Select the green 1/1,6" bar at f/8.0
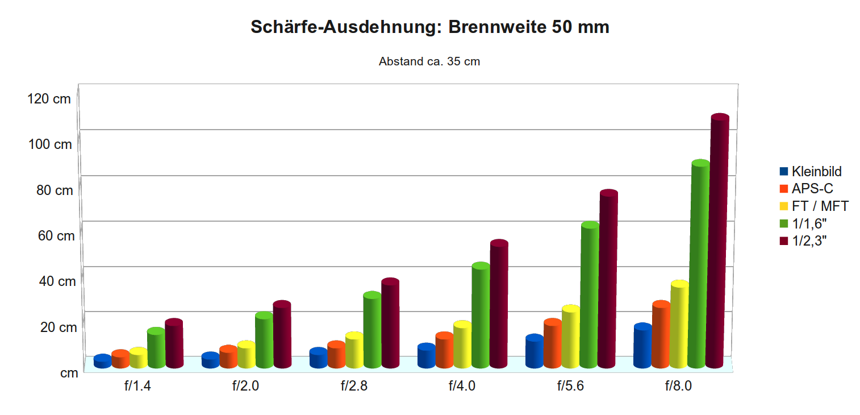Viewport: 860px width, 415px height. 700,264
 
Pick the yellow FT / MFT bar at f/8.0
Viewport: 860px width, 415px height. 679,324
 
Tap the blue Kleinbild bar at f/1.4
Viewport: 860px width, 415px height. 102,362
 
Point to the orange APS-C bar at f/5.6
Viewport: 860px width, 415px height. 553,343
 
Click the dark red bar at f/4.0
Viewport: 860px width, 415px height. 499,304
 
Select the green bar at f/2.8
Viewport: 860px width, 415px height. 371,330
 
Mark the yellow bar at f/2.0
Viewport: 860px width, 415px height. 246,355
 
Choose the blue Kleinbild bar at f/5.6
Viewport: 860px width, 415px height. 535,351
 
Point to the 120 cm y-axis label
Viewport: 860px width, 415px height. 49,99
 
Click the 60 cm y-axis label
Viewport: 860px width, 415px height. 56,235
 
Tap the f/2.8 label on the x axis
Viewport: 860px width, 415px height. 354,387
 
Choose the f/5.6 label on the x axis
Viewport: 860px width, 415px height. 570,387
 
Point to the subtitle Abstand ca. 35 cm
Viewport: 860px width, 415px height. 429,61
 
